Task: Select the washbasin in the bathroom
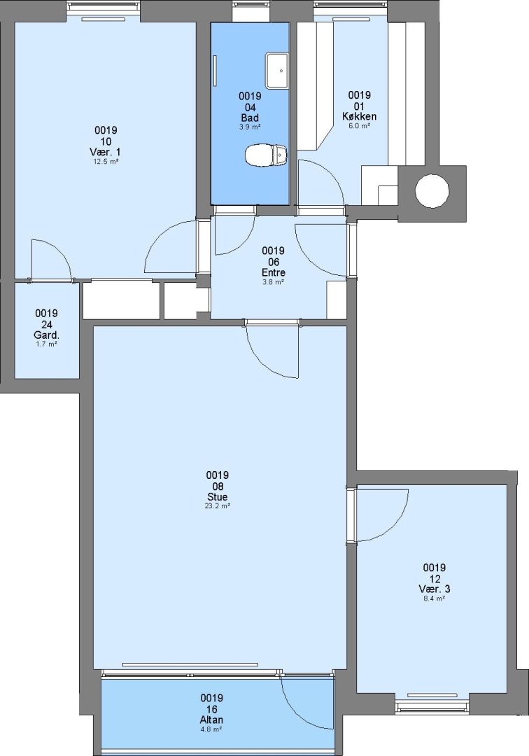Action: tap(277, 71)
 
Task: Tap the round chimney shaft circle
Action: tap(432, 191)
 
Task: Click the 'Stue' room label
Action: tap(218, 496)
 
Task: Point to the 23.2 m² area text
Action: tap(218, 506)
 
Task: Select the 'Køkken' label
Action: tap(360, 116)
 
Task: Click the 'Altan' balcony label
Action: tap(211, 720)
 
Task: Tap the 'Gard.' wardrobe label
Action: tap(47, 335)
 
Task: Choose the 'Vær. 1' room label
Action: tap(106, 153)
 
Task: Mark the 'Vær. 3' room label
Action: tap(435, 589)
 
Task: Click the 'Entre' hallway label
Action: tap(273, 272)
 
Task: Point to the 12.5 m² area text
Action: tap(106, 162)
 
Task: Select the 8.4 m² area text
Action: tap(435, 598)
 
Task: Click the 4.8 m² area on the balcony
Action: tap(211, 729)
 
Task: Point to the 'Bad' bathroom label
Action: tap(250, 118)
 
